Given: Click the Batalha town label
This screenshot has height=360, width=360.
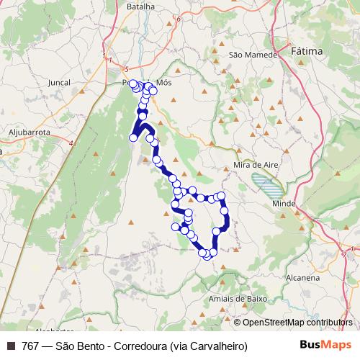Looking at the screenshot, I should pos(140,6).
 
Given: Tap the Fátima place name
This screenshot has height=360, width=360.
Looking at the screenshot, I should pos(310,52).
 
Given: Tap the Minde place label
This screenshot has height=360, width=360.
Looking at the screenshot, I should pos(284,204).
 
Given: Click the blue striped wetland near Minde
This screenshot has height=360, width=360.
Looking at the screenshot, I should pos(267,186).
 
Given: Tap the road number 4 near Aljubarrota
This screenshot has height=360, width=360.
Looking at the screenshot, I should pos(71,143).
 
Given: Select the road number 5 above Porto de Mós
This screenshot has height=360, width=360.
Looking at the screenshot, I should pos(126,68).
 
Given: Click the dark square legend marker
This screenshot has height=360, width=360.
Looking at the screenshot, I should pos(9,346).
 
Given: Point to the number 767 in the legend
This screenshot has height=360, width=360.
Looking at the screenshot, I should pos(30,346).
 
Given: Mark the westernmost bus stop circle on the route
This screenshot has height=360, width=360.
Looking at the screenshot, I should pos(133,138).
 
